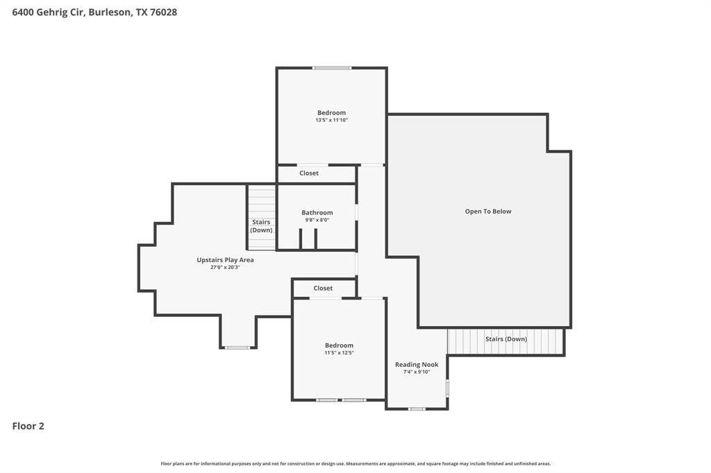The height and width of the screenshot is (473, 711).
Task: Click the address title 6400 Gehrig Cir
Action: click(94, 12)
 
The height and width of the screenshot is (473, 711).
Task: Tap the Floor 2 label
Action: click(28, 426)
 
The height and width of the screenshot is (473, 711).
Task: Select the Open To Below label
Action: click(488, 212)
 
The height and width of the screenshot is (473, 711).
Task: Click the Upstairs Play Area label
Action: click(225, 260)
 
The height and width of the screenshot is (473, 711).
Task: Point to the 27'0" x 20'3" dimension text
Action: click(225, 267)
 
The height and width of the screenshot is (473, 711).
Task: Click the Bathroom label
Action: click(317, 213)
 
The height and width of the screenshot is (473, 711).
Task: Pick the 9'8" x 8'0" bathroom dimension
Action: click(317, 220)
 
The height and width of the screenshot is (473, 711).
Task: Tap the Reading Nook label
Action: click(417, 365)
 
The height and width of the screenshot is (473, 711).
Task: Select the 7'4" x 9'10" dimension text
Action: click(417, 372)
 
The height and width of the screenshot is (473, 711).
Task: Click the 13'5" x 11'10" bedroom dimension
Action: click(331, 120)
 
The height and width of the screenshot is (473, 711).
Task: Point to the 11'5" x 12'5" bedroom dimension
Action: click(339, 352)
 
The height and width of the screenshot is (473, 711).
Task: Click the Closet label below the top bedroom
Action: click(309, 173)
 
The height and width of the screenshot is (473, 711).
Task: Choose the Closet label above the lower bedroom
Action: click(323, 288)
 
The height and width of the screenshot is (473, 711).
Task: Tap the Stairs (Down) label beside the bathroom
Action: click(262, 226)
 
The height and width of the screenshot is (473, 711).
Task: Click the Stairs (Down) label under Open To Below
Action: click(505, 339)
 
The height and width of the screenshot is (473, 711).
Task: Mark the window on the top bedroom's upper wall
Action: click(331, 68)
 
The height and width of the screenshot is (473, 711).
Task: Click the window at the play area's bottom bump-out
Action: click(237, 347)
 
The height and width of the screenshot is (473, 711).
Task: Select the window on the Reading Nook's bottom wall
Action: click(416, 409)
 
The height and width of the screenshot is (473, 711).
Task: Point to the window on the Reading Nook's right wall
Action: click(447, 388)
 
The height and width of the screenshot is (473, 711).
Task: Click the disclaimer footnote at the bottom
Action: click(355, 463)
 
